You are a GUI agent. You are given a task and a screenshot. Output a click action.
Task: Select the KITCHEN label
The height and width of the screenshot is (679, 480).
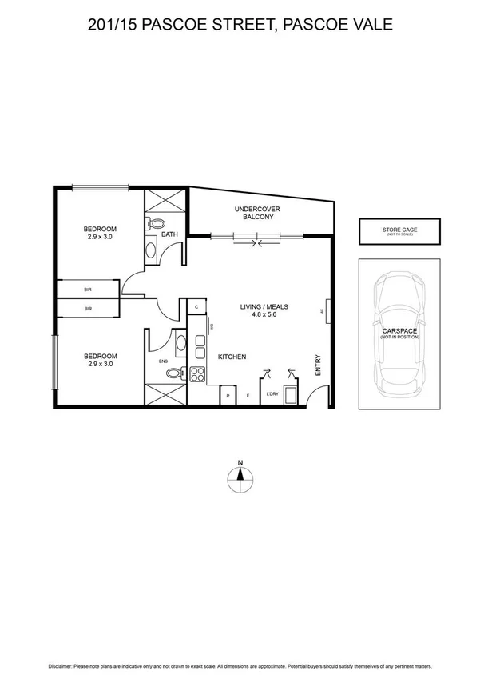point(232,357)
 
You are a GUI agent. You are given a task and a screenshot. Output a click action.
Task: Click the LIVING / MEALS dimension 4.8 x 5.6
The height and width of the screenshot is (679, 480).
point(264,314)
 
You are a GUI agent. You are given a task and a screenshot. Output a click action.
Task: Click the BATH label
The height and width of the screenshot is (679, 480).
point(169,234)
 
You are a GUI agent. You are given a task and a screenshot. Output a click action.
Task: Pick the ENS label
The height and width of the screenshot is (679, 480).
point(163,361)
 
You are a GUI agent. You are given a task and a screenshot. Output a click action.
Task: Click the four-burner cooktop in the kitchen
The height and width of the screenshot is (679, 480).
point(197,373)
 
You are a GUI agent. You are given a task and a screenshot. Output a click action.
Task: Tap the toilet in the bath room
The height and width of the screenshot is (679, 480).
point(157,225)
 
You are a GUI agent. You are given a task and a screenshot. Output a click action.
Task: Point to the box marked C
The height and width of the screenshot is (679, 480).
point(196,306)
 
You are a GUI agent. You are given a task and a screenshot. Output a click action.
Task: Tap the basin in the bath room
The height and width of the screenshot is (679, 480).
point(153,250)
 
